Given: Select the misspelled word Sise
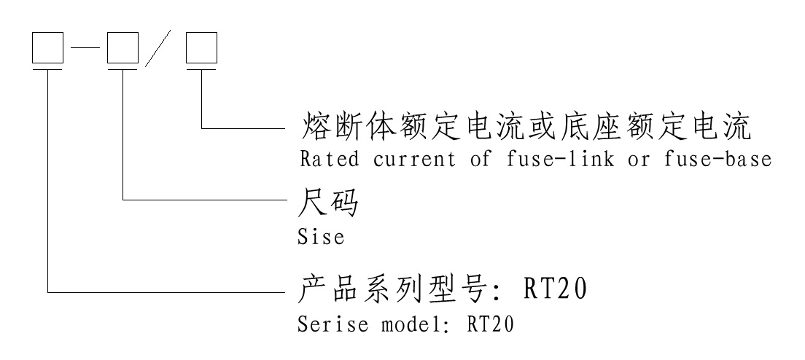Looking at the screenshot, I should (322, 238).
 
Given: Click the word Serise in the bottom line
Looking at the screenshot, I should (332, 324).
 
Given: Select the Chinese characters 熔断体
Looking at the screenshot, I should (340, 128).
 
